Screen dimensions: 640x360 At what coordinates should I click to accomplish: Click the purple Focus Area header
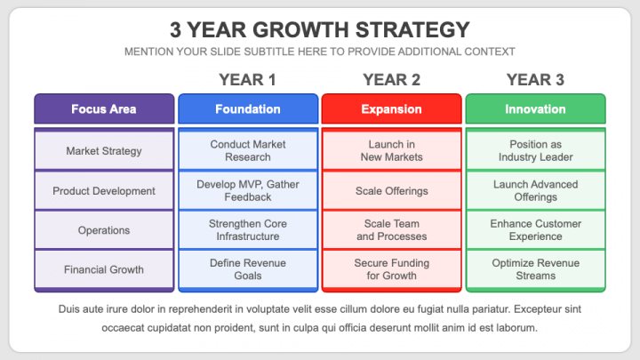(104, 108)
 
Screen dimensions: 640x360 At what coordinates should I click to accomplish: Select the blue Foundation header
(248, 108)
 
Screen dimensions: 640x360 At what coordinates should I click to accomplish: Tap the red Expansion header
(391, 108)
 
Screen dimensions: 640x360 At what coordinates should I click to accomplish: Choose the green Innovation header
(535, 108)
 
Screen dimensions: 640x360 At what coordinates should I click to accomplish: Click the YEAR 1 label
(247, 80)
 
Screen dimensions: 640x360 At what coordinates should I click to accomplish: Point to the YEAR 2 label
(391, 80)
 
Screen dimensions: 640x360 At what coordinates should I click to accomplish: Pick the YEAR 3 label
(535, 80)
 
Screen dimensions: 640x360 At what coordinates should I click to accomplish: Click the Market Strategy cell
(104, 151)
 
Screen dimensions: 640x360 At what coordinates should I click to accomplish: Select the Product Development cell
(104, 190)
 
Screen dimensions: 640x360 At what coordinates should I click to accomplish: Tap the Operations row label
(104, 230)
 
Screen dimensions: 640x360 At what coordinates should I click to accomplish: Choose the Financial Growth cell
(104, 269)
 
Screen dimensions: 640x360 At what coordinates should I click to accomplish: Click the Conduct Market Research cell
(248, 150)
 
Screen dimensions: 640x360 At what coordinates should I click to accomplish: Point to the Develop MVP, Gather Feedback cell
(248, 190)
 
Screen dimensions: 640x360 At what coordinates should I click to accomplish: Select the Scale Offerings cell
(391, 190)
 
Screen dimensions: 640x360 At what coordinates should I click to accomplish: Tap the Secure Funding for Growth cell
(391, 269)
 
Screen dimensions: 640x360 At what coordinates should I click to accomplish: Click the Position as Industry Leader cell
(535, 150)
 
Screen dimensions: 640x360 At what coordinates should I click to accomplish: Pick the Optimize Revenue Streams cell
(535, 269)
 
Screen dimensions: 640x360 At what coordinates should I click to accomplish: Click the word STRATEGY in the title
(412, 30)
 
